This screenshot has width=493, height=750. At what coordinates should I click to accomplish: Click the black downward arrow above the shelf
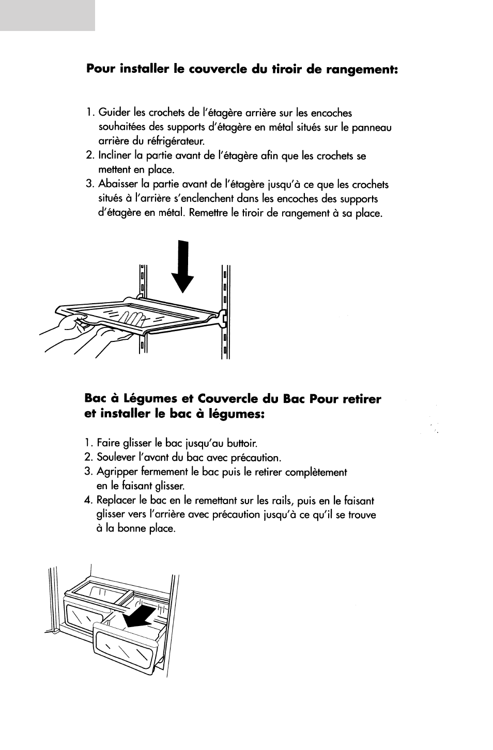(183, 267)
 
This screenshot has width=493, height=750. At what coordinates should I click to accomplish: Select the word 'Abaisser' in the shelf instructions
(117, 184)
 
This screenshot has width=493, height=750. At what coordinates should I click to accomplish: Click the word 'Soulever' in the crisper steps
(115, 458)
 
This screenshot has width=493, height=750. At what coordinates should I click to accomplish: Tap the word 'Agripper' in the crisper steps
(115, 472)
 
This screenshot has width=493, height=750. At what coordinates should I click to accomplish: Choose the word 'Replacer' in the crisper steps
(116, 501)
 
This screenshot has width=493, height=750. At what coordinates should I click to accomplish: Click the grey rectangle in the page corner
(48, 15)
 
